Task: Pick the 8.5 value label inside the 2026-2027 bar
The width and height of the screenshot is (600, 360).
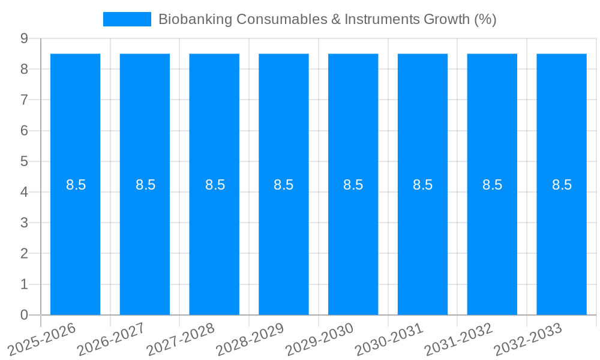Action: [x=145, y=185]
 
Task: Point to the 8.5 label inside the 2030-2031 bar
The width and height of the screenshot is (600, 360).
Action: [x=422, y=185]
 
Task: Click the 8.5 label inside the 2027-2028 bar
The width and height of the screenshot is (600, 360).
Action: [x=215, y=185]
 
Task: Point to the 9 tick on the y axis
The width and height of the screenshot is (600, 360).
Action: [x=25, y=38]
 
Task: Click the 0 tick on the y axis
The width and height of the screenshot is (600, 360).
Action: [x=25, y=315]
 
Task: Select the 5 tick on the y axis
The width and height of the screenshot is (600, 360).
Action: [x=25, y=161]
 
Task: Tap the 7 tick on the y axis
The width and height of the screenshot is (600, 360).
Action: [x=25, y=100]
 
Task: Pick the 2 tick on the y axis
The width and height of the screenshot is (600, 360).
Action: [x=25, y=254]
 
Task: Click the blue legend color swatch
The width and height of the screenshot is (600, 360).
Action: [x=127, y=19]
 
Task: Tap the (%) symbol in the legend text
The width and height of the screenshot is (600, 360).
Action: [x=485, y=19]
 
